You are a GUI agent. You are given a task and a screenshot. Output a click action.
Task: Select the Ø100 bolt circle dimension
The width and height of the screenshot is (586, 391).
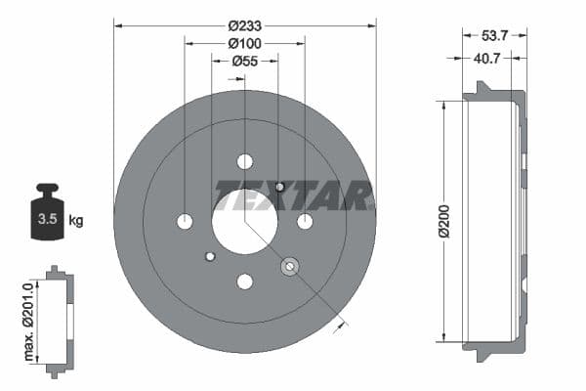[x=244, y=43]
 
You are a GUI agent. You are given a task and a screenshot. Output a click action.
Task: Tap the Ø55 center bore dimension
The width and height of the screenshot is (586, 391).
[x=244, y=62]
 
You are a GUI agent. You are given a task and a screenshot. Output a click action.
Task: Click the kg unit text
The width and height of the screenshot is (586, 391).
[x=76, y=221]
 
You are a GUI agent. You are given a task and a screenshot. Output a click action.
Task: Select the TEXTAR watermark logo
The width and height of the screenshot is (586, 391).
[x=293, y=195]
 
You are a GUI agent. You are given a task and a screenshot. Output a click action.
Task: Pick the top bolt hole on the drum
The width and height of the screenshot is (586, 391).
[x=244, y=161]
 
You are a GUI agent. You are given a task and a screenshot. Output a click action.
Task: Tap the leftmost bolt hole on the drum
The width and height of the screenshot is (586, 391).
[x=185, y=222]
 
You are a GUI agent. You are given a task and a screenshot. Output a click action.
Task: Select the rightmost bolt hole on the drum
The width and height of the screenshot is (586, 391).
[x=305, y=222]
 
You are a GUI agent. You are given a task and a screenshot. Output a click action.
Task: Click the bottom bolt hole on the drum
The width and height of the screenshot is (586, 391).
[x=244, y=282]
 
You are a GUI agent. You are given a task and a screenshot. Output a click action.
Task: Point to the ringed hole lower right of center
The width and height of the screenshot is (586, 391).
[x=289, y=266]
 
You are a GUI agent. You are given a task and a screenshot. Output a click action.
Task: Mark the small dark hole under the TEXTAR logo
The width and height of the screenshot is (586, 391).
[x=280, y=186]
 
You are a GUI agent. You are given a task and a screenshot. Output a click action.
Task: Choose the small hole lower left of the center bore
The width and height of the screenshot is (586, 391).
[x=209, y=257]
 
